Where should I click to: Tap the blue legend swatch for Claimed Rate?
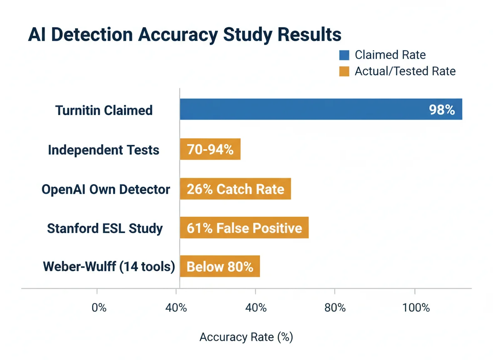point(344,55)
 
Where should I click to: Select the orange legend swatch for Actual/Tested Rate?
point(344,72)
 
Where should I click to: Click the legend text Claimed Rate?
point(390,55)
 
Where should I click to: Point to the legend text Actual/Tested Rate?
point(405,72)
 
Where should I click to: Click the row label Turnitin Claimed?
point(104,110)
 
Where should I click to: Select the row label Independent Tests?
point(104,150)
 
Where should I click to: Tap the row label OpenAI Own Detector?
point(106,190)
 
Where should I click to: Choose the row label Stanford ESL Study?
point(105,228)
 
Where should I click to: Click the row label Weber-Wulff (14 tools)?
point(109,266)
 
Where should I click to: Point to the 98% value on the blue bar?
point(442,110)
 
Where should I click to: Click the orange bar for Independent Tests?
point(210,149)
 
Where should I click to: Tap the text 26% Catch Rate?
point(235,190)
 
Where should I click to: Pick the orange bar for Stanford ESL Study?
point(244,228)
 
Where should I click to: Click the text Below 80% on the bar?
point(220,267)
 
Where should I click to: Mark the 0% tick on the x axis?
point(99,307)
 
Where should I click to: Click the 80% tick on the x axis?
point(335,307)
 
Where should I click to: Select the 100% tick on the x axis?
point(416,307)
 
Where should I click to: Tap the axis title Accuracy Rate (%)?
point(246,337)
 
